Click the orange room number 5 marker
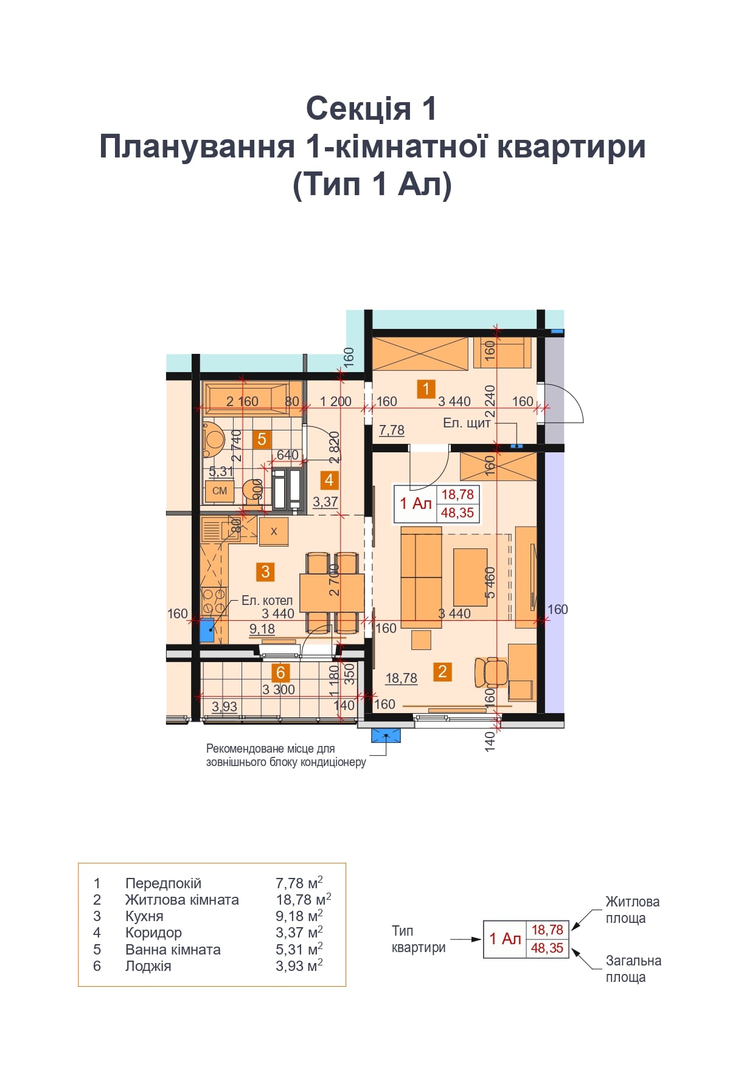(x=262, y=439)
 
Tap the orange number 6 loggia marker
(x=280, y=672)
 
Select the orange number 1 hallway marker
(x=426, y=388)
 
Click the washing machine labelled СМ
(x=220, y=491)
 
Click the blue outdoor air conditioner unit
(x=386, y=736)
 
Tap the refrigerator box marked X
(x=274, y=531)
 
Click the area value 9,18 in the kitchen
(x=262, y=629)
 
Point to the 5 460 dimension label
(x=490, y=582)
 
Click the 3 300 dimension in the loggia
(x=279, y=689)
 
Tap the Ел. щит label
(x=467, y=423)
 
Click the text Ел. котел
(x=267, y=601)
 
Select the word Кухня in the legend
(x=144, y=916)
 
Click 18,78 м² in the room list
(x=304, y=899)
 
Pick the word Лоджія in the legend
(x=148, y=966)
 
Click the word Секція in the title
(x=350, y=108)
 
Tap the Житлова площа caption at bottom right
(x=633, y=910)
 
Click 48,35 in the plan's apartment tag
(x=458, y=513)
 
